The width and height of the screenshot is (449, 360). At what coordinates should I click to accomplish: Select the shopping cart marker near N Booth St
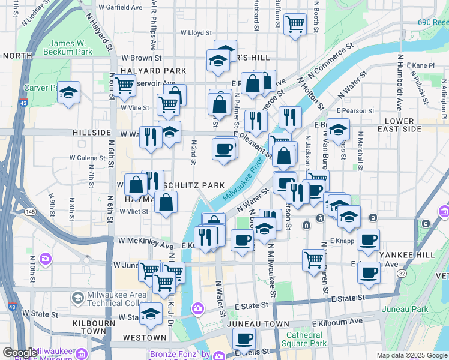tap(294, 25)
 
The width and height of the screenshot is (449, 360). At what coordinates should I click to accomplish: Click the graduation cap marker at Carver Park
tap(69, 92)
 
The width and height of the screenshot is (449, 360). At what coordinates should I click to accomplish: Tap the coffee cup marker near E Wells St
tap(244, 338)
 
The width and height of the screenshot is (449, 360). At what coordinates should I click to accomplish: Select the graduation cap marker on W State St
tap(151, 313)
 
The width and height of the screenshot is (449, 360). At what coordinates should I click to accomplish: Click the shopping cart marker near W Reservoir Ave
tap(125, 86)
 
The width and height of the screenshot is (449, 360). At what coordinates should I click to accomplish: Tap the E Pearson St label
tap(355, 111)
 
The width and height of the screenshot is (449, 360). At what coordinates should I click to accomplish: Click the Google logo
tap(20, 353)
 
